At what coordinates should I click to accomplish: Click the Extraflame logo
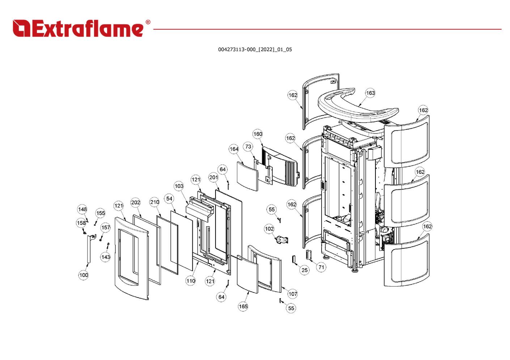81,29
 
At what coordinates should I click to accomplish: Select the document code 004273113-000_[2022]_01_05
255,50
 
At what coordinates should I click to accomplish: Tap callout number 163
370,93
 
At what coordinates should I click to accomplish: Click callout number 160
258,134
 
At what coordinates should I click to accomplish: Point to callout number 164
234,149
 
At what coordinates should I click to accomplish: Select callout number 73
248,146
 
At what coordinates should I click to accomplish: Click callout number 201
214,177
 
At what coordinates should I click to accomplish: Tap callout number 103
179,186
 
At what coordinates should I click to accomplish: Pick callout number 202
136,202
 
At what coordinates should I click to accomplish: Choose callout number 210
154,202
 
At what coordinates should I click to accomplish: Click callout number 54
169,198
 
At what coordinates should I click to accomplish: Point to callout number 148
82,209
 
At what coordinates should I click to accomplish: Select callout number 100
84,275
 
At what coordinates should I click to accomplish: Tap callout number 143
105,257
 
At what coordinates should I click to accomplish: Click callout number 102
269,229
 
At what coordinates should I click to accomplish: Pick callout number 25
305,270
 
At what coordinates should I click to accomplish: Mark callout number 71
321,267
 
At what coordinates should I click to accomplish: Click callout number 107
293,294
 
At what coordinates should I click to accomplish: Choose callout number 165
243,307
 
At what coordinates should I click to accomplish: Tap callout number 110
191,280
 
